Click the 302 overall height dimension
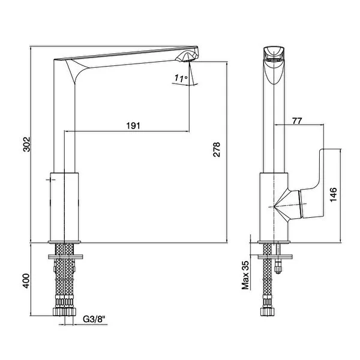point(26,144)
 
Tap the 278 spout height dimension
point(217,149)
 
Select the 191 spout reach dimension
point(133,125)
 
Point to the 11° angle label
point(181,78)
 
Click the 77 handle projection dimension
point(297,121)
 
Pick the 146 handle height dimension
point(333,194)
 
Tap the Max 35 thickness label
point(245,275)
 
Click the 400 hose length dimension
point(26,281)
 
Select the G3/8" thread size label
point(94,319)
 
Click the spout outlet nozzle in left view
point(187,57)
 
